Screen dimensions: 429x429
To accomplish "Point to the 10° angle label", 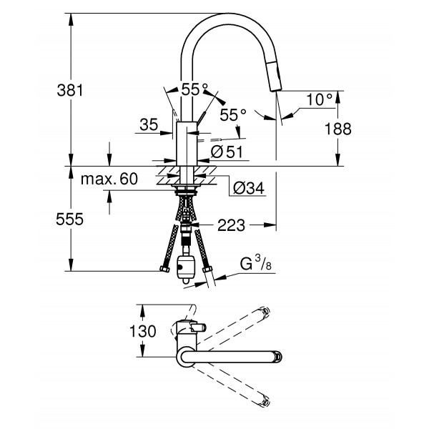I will pos(320,100).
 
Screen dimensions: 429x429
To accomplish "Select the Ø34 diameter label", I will pos(249,188).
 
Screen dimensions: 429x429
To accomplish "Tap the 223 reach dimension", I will pos(230,227).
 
